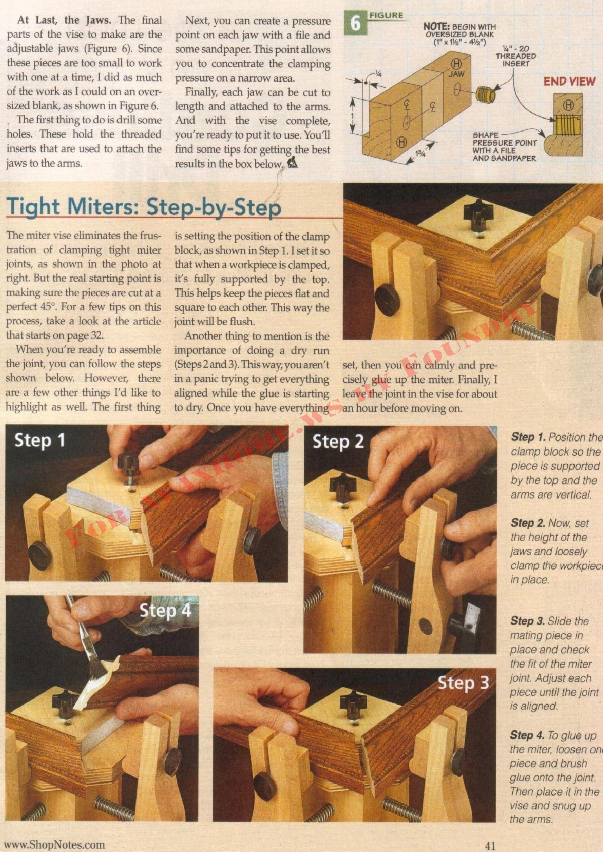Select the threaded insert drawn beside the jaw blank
tap(486, 93)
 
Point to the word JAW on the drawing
tap(457, 73)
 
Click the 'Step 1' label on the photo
tap(40, 440)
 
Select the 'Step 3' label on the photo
tap(463, 683)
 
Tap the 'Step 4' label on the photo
tap(165, 610)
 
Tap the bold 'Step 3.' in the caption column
tap(528, 621)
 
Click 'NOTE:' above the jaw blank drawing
tap(437, 27)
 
